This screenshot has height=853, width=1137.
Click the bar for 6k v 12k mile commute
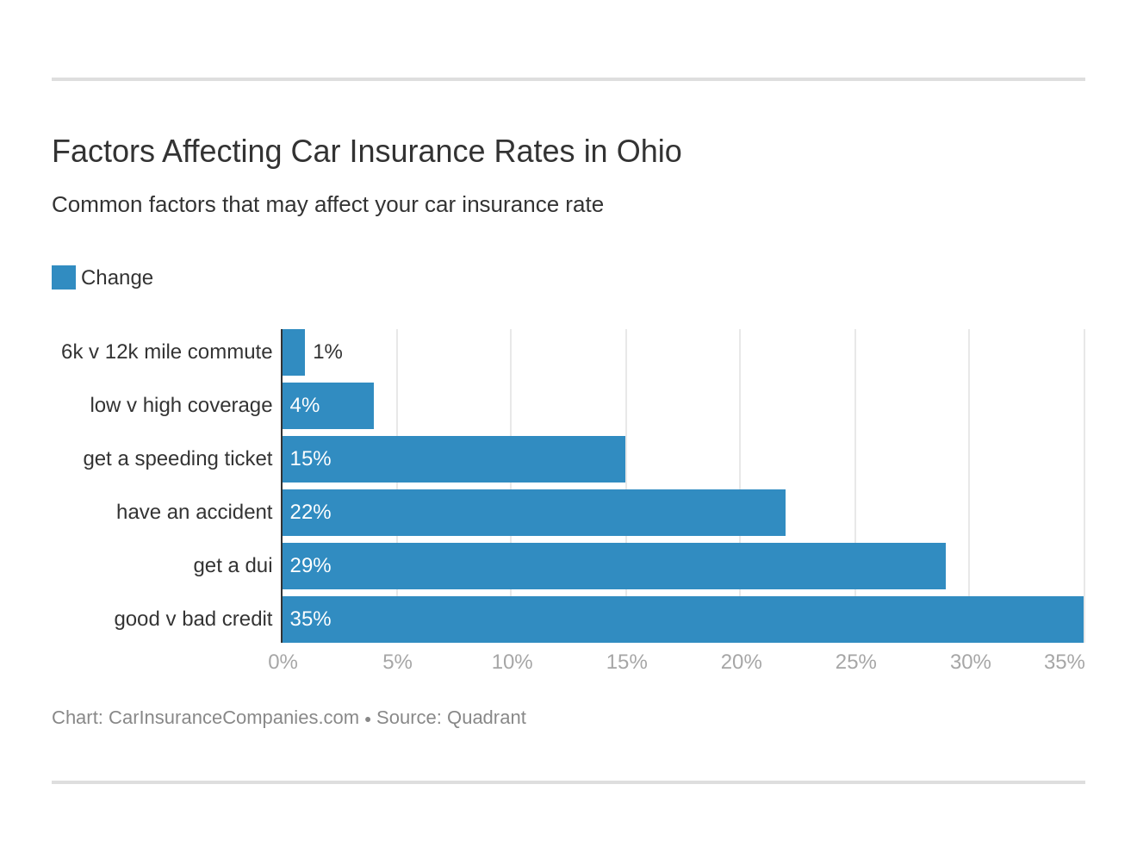coord(294,352)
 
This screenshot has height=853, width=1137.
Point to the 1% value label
coord(327,352)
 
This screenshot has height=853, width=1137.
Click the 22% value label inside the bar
coord(310,513)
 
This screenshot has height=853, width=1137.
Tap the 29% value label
coord(310,566)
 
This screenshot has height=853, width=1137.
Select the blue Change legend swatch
coord(64,277)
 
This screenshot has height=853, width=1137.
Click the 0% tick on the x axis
coord(283,662)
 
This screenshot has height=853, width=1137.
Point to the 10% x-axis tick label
coord(512,662)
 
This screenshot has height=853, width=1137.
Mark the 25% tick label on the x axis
coord(855,662)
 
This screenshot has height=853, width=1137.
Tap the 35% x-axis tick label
coord(1064,662)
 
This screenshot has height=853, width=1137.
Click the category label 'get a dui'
coord(233,566)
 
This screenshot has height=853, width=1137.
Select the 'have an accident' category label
coord(194,513)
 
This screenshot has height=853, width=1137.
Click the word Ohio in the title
coord(649,152)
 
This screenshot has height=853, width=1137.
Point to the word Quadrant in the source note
coord(487,718)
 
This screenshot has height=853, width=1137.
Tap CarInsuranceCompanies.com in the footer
coord(233,718)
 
